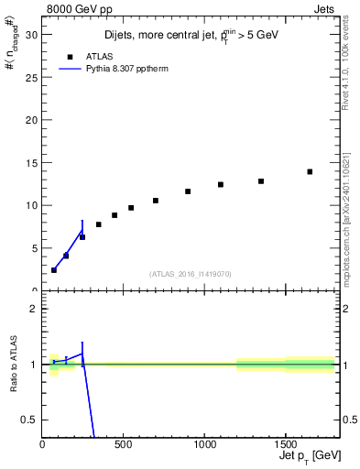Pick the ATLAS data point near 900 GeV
coord(188,191)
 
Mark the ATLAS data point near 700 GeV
coord(156,201)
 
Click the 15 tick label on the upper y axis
coord(33,162)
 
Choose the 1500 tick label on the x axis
coord(285,446)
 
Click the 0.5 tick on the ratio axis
coord(30,420)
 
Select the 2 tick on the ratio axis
coord(35,309)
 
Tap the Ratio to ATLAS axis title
coord(12,364)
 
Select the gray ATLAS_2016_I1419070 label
coord(191,274)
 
